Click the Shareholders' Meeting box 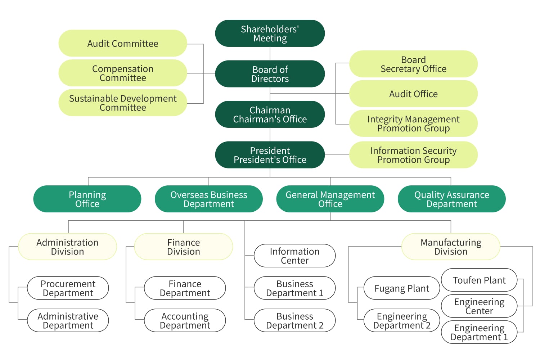tap(270, 33)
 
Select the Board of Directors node tap(270, 74)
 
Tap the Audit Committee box tap(123, 43)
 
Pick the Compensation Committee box tap(123, 73)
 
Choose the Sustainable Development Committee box tap(123, 103)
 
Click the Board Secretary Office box tap(413, 64)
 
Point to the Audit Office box tap(413, 94)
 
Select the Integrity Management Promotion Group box tap(413, 123)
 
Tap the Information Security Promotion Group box tap(413, 155)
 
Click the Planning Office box tap(87, 199)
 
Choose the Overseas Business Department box tap(209, 199)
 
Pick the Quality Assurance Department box tap(451, 199)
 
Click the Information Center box tap(294, 256)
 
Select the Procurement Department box tap(68, 288)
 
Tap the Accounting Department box tap(185, 320)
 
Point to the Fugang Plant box tap(402, 288)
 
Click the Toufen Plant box tap(479, 280)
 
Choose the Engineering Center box tap(479, 306)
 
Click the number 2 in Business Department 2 tap(321, 325)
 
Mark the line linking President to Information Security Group tap(337, 155)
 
